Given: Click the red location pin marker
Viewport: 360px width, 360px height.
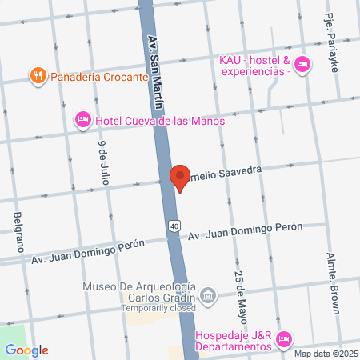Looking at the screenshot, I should [179, 177].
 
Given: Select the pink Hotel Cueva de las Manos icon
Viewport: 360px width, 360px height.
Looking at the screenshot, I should [82, 120].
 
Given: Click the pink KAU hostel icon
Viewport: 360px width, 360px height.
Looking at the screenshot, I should [302, 65].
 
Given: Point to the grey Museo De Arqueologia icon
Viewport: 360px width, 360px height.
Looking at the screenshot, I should [208, 297].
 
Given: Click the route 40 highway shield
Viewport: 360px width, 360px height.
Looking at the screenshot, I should [174, 227].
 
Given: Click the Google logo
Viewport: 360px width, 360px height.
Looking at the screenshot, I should [26, 350].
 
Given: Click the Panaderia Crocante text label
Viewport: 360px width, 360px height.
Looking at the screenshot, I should [100, 77].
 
